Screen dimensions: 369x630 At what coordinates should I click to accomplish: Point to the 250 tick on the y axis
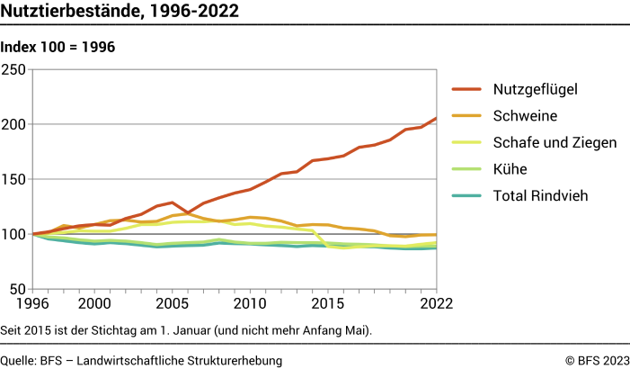point(15,68)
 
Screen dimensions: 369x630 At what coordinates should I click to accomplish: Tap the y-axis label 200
point(15,124)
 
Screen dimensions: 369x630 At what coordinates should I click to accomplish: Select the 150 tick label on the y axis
point(15,179)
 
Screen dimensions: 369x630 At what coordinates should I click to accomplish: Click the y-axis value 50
point(19,290)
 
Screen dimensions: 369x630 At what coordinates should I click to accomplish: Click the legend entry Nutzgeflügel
point(534,89)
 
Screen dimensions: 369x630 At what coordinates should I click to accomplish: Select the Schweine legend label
point(525,115)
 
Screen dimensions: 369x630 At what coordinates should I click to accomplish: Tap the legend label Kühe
point(510,168)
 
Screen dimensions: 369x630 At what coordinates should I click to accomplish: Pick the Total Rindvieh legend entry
point(540,195)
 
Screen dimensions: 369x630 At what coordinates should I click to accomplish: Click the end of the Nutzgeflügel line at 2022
point(437,118)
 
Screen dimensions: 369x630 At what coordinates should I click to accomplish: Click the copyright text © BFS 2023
point(597,360)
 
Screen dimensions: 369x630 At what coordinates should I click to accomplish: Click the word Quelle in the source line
point(18,360)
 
